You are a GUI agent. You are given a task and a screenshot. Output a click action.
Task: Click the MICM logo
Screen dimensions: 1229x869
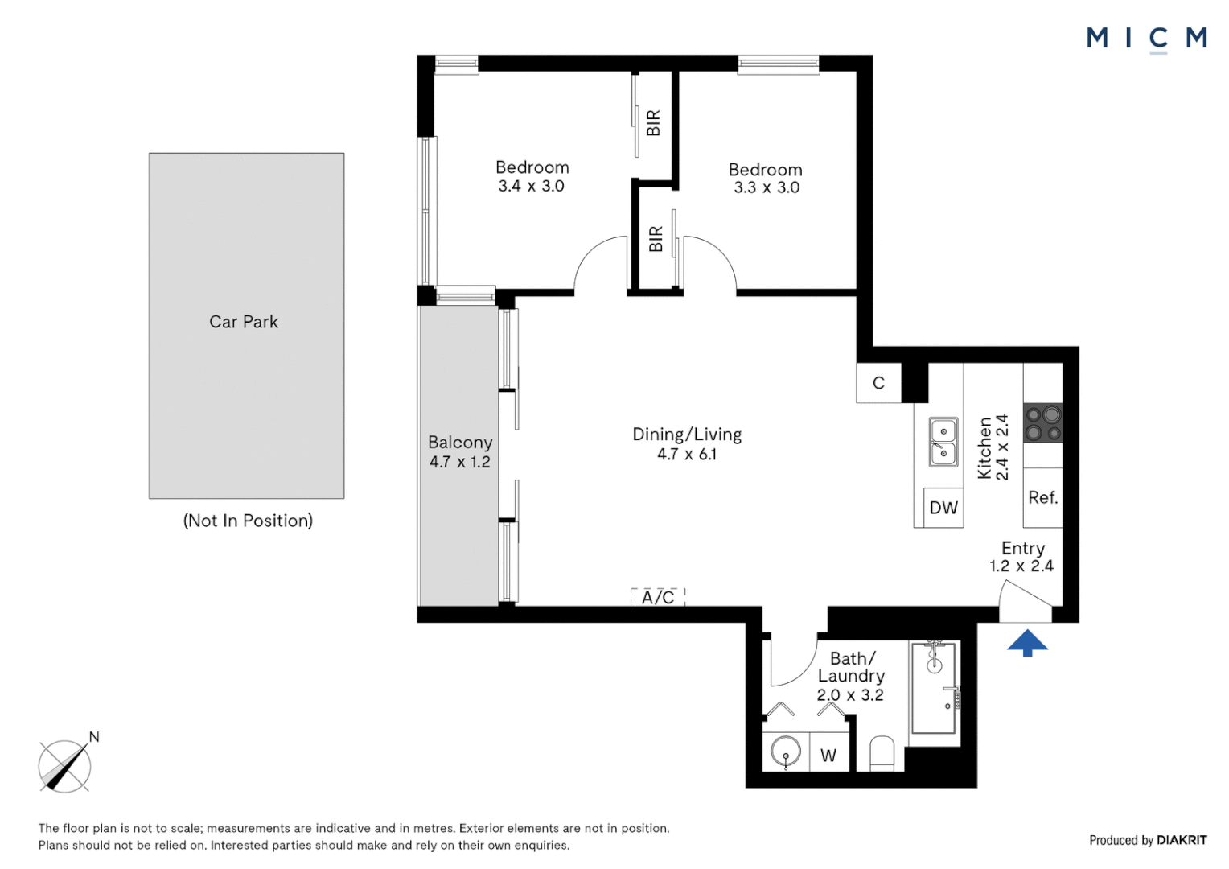(1147, 39)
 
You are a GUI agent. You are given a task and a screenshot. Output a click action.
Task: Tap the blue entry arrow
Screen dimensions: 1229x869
(1028, 643)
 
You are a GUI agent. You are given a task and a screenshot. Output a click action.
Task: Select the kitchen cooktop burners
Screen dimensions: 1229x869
(1043, 423)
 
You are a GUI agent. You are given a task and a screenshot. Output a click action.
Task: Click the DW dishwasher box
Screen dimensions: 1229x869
(943, 507)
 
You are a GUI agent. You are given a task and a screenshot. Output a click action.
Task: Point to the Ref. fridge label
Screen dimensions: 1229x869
(1043, 497)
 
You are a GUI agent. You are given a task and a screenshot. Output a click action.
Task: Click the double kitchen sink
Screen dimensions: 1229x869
(943, 442)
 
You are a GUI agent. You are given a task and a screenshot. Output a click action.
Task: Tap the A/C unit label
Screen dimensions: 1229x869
(658, 597)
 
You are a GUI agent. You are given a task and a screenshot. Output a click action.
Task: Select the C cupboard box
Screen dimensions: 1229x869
(878, 383)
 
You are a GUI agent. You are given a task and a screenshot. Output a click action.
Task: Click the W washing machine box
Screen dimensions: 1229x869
(829, 752)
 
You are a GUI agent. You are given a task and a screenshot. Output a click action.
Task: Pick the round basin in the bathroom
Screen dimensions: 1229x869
(786, 752)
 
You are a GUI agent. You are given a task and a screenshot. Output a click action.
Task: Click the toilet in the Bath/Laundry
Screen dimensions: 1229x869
(882, 754)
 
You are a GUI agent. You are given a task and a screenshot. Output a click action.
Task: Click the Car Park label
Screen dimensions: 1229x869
(244, 322)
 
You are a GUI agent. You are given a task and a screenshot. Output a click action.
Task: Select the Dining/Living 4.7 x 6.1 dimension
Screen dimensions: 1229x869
(687, 455)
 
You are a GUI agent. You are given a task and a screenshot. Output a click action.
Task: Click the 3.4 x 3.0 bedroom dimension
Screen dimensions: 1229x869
(531, 186)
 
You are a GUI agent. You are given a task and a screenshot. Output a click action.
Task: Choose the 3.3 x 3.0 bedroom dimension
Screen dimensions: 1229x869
(767, 187)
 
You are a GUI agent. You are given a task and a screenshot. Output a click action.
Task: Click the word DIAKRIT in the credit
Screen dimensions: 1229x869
(1182, 841)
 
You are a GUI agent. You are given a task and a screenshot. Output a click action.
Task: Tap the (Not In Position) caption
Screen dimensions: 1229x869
(248, 521)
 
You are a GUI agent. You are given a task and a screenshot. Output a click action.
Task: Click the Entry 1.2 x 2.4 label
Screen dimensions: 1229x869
(1022, 557)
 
